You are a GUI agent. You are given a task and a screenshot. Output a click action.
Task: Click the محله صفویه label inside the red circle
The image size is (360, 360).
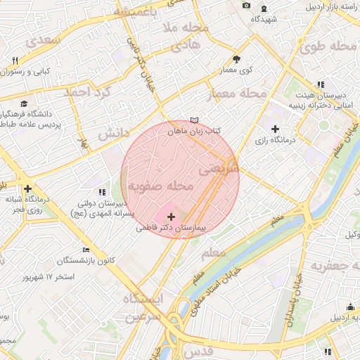160,186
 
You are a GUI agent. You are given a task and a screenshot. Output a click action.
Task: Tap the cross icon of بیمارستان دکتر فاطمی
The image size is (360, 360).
172,217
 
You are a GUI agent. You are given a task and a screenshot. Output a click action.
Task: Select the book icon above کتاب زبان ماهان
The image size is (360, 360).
195,120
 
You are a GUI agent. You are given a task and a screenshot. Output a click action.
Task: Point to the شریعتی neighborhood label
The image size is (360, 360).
219,169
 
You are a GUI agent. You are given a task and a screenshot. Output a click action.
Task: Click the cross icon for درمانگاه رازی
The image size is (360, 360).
275,129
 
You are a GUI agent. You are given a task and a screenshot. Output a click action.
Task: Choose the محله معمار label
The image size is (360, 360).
238,93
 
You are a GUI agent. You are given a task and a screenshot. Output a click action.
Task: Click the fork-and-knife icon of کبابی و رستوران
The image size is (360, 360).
15,60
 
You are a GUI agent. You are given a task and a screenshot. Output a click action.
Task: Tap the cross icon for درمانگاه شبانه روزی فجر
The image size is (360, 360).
27,188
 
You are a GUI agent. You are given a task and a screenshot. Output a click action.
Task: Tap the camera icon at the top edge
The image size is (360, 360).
246,6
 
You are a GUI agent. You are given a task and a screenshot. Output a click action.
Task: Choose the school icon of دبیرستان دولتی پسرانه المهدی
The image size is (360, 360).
103,191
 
